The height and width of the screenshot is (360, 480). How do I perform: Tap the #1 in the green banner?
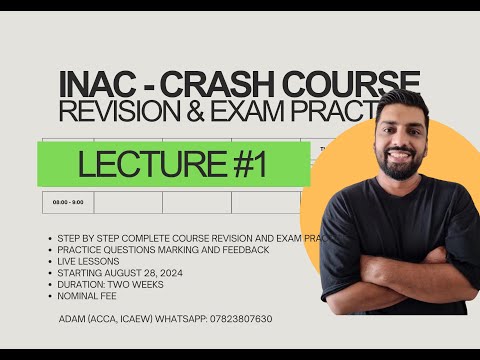click(240, 165)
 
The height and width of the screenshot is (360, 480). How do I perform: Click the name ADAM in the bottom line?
click(75, 318)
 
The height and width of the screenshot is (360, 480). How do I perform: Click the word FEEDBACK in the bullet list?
click(244, 249)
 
